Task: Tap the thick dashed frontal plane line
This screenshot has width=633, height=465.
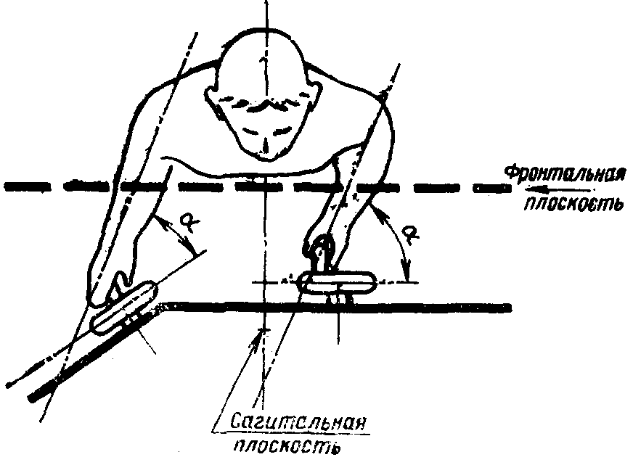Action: (218, 186)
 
